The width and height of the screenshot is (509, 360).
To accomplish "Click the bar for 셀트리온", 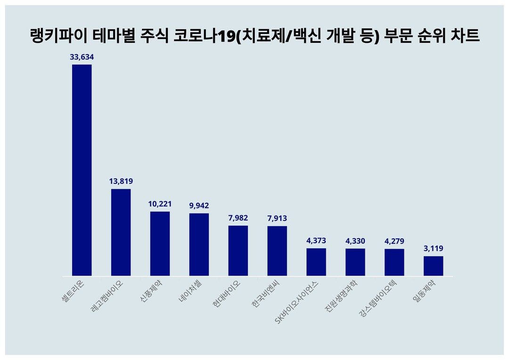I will click(82, 170).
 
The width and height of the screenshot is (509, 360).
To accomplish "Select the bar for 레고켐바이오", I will click(121, 232).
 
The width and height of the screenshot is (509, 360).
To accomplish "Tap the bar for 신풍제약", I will click(160, 244).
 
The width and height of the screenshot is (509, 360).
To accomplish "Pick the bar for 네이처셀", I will click(199, 245).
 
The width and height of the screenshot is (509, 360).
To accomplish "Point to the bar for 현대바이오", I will click(238, 251).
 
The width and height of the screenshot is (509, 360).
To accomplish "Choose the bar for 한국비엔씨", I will click(277, 251).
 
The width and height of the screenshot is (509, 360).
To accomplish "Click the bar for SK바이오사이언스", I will click(316, 262).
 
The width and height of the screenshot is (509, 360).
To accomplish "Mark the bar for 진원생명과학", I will click(355, 262).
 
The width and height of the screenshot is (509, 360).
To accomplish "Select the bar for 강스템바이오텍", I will click(394, 262).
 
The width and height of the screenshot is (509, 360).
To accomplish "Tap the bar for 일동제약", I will click(433, 266).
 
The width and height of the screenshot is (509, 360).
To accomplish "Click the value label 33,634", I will click(82, 57).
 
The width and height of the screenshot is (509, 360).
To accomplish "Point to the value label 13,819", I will click(121, 181).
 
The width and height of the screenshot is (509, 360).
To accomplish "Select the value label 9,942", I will click(199, 205).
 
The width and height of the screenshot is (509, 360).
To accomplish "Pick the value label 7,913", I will click(277, 218).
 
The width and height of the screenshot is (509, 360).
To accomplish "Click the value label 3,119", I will click(433, 248).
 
